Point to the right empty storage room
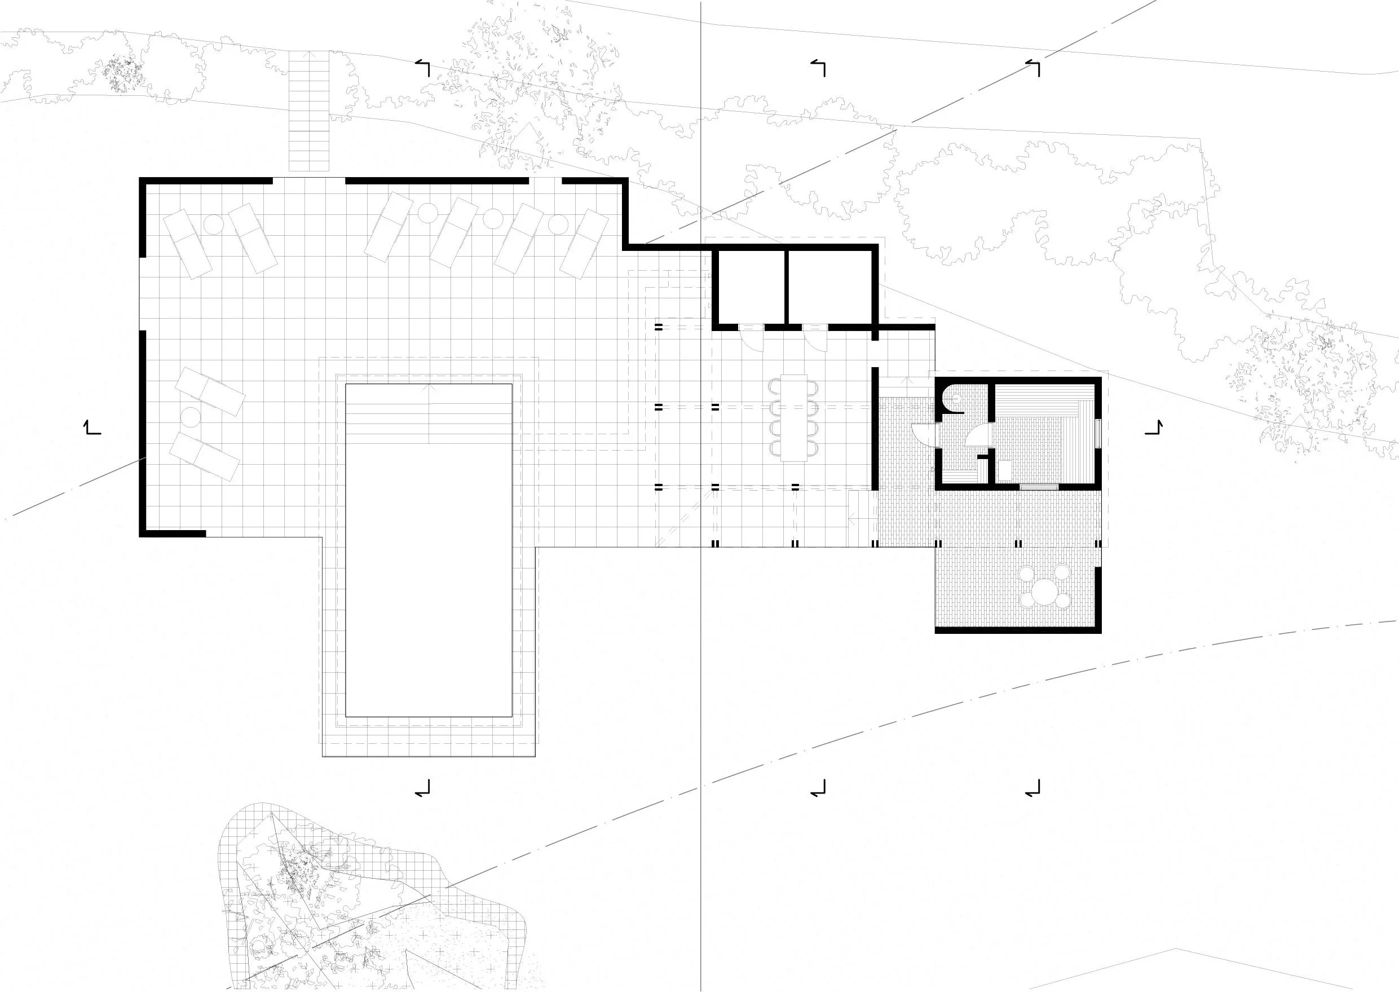(831, 287)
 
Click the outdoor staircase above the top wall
(309, 110)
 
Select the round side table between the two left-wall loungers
(191, 418)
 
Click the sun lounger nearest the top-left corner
(187, 244)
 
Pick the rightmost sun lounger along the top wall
(584, 244)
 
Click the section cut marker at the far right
(1154, 427)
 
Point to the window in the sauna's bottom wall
(1039, 487)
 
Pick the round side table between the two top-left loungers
(214, 225)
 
